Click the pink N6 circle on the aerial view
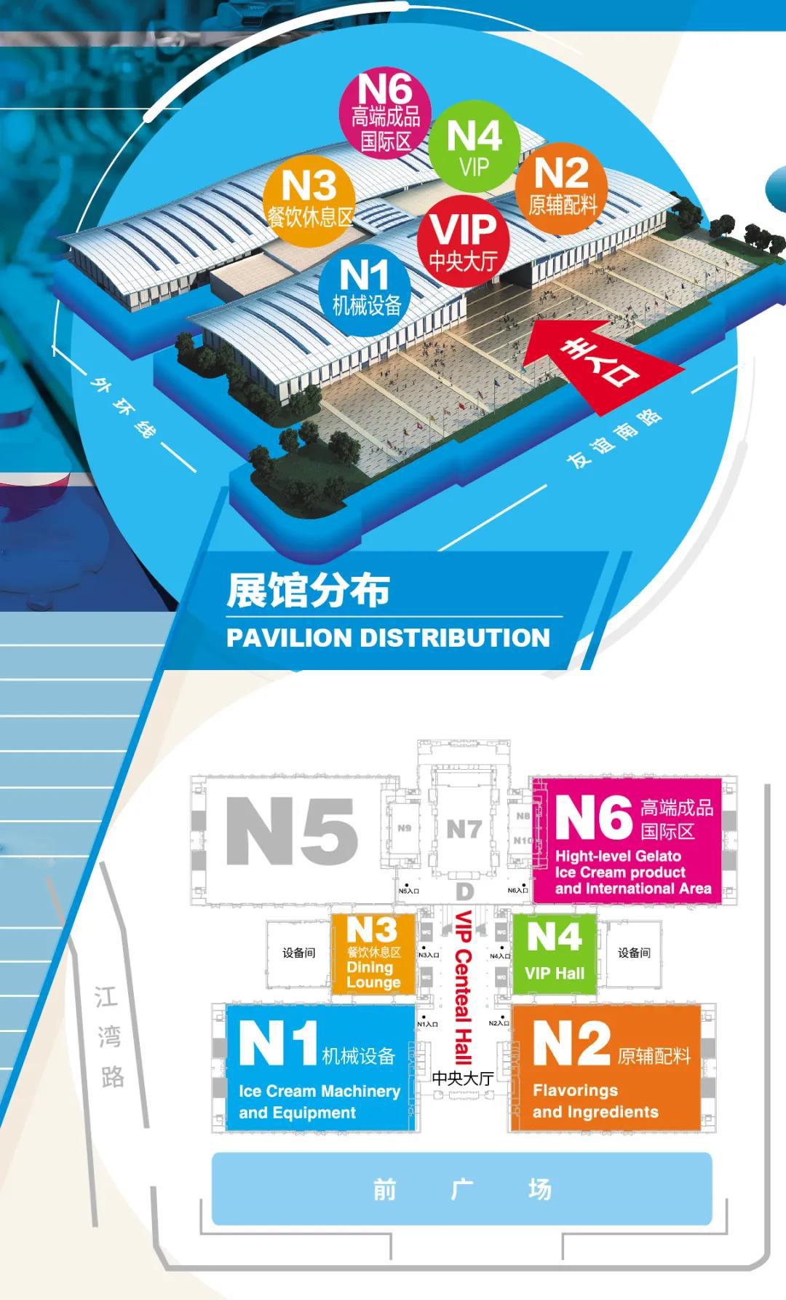click(386, 114)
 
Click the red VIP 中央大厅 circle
click(464, 240)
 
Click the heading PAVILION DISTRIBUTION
click(388, 638)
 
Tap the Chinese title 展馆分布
click(308, 590)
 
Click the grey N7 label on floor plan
click(464, 829)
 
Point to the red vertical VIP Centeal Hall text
click(463, 987)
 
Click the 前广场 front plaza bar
click(461, 1189)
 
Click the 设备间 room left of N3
click(298, 953)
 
